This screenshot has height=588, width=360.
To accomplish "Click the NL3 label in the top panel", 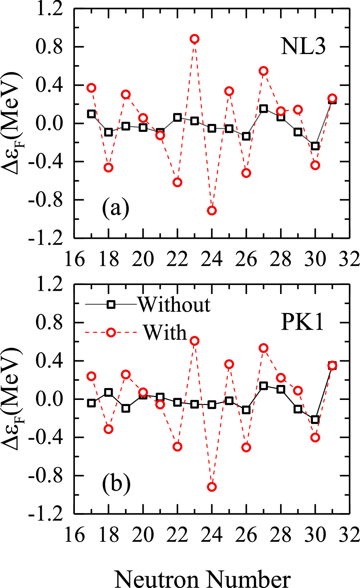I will (303, 46).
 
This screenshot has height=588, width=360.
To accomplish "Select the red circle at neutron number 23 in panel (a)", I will (194, 39).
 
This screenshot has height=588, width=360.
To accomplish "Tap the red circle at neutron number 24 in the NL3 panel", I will (212, 210).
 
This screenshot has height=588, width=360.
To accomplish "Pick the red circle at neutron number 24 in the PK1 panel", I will (212, 487).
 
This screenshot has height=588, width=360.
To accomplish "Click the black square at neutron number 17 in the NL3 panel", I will (91, 114).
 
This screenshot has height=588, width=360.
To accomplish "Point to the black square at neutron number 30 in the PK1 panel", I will (315, 420).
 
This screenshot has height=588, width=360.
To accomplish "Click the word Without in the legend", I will (174, 305).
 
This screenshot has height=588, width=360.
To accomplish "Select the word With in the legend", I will (165, 332).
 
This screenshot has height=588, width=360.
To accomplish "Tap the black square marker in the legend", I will (111, 305).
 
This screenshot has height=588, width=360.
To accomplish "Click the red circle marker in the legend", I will (111, 332).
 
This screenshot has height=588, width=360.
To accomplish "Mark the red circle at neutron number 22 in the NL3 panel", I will (177, 182).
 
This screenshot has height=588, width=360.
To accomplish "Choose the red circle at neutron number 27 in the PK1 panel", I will (264, 348).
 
